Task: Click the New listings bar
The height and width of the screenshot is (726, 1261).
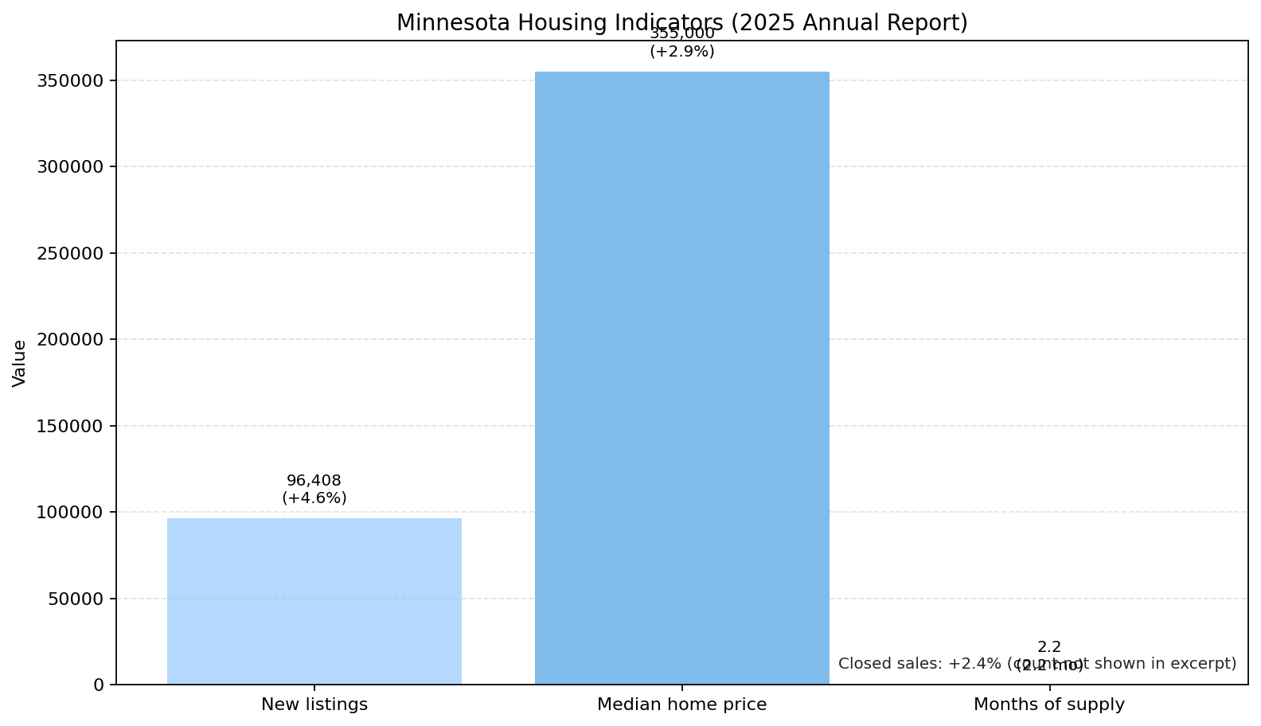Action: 314,601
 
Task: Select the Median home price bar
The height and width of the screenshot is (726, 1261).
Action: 681,378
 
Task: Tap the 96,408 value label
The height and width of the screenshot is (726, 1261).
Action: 314,481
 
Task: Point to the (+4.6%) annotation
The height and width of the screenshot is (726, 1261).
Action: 314,498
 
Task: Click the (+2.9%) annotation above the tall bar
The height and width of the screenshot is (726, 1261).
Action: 681,52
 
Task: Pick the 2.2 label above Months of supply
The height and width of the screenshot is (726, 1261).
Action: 1049,647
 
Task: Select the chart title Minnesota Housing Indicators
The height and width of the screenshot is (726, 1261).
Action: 681,22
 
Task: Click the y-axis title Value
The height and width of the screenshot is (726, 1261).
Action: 20,363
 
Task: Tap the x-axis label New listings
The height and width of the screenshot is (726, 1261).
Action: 314,705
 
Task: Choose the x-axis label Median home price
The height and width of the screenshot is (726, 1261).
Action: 681,705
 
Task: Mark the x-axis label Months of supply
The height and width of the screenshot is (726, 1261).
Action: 1049,705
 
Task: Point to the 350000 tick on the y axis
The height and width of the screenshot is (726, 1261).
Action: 70,80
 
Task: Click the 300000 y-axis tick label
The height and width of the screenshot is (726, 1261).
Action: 70,167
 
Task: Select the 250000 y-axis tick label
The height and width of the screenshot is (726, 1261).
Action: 70,253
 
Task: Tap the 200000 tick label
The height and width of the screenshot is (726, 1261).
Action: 70,340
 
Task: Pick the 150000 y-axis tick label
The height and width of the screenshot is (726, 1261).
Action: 70,426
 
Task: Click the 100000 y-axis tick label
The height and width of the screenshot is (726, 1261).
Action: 70,513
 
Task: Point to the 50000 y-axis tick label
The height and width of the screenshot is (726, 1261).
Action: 76,599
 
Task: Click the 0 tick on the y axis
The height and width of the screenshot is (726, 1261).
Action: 99,685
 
